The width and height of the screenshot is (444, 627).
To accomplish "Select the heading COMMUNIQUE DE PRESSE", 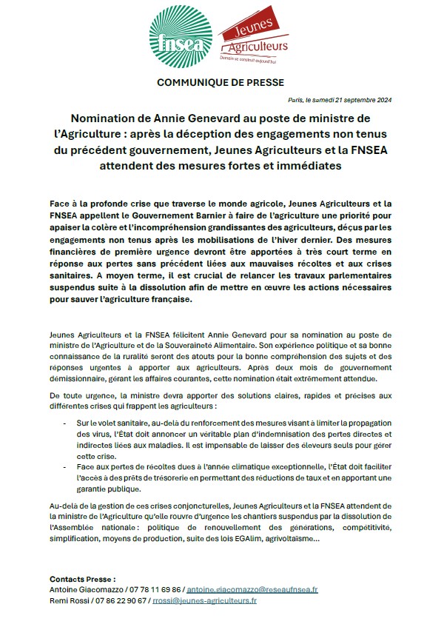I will pos(221,82).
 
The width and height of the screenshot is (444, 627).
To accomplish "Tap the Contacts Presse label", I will pos(83,578).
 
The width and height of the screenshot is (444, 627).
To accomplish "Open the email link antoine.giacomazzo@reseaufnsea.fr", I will pos(252,590).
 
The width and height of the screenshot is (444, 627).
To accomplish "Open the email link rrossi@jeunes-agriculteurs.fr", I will pos(205,601).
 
